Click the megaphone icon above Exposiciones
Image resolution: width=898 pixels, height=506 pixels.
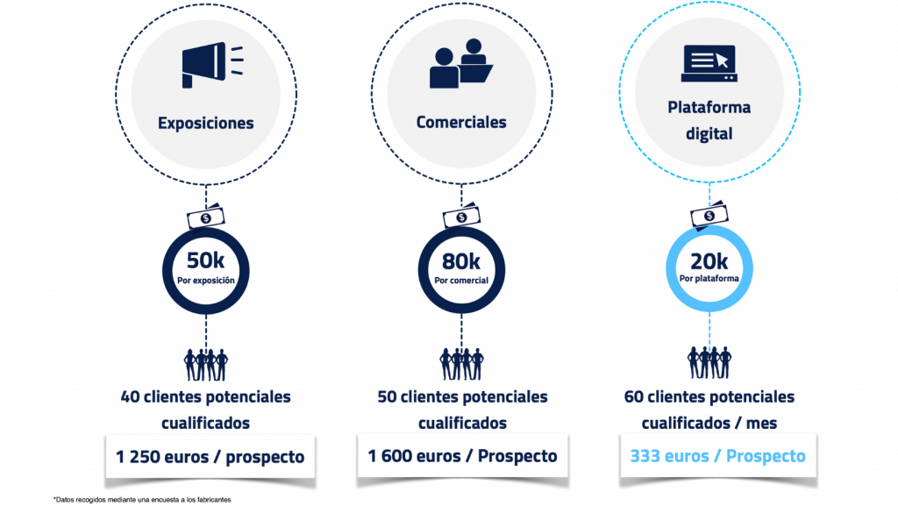(205, 65)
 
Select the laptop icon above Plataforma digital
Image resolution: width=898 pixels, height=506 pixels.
(709, 63)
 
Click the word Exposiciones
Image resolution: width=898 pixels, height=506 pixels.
(206, 123)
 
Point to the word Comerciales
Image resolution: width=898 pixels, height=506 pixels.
(461, 122)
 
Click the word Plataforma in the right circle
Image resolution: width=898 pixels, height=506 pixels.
(709, 108)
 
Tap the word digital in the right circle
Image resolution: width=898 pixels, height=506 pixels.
(709, 135)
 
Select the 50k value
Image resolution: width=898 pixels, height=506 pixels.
(206, 260)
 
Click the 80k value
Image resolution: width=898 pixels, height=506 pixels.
(461, 260)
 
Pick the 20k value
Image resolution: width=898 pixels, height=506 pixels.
(709, 260)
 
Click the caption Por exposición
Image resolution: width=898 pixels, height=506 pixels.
(206, 280)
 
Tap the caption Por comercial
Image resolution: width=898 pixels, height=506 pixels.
(461, 280)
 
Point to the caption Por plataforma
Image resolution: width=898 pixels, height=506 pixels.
(709, 279)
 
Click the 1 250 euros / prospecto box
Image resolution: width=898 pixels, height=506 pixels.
(210, 457)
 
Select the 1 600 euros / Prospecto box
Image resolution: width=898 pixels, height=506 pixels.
(461, 457)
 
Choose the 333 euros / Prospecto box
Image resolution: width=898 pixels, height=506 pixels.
(717, 457)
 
